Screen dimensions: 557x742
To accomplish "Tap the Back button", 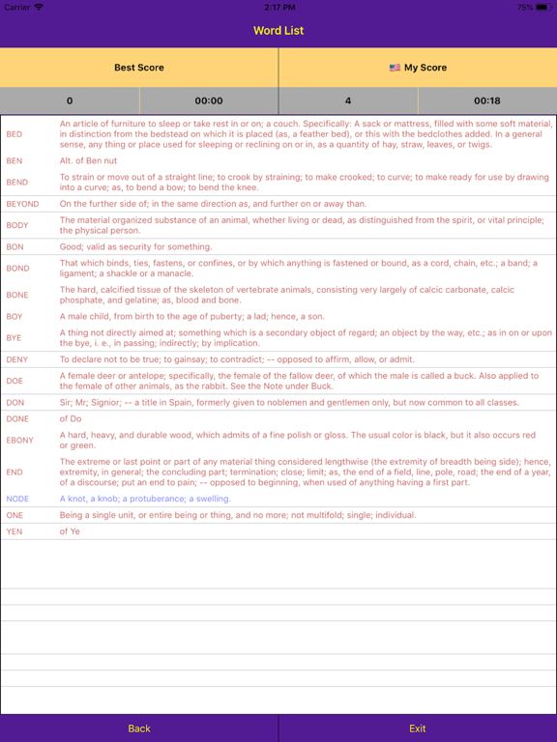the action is pyautogui.click(x=139, y=728).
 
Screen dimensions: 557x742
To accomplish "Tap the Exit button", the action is pyautogui.click(x=417, y=728).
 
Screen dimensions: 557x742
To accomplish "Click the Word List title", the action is pyautogui.click(x=278, y=31).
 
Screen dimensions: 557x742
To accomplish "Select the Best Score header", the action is pyautogui.click(x=139, y=68).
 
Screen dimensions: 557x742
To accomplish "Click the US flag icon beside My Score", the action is pyautogui.click(x=395, y=68).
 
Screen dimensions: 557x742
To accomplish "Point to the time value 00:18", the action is pyautogui.click(x=487, y=100).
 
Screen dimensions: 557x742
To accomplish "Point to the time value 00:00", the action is pyautogui.click(x=209, y=100).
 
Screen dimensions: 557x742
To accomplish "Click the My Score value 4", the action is pyautogui.click(x=348, y=100).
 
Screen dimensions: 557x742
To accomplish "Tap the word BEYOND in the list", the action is pyautogui.click(x=22, y=204).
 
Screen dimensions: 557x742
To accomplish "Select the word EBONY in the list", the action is pyautogui.click(x=19, y=440).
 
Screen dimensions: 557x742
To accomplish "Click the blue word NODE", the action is pyautogui.click(x=17, y=499).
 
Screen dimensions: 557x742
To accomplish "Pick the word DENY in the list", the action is pyautogui.click(x=17, y=359).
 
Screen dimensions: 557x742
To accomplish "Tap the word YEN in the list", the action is pyautogui.click(x=15, y=531).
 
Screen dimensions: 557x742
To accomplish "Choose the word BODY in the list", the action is pyautogui.click(x=17, y=225).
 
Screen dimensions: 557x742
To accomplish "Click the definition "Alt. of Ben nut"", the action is pyautogui.click(x=95, y=160).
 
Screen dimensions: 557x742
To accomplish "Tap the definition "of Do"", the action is pyautogui.click(x=71, y=418).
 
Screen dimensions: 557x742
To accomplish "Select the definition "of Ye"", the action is pyautogui.click(x=70, y=531).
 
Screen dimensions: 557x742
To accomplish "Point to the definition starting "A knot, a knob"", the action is pyautogui.click(x=145, y=499).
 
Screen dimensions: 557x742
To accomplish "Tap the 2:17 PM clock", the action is pyautogui.click(x=278, y=7).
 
